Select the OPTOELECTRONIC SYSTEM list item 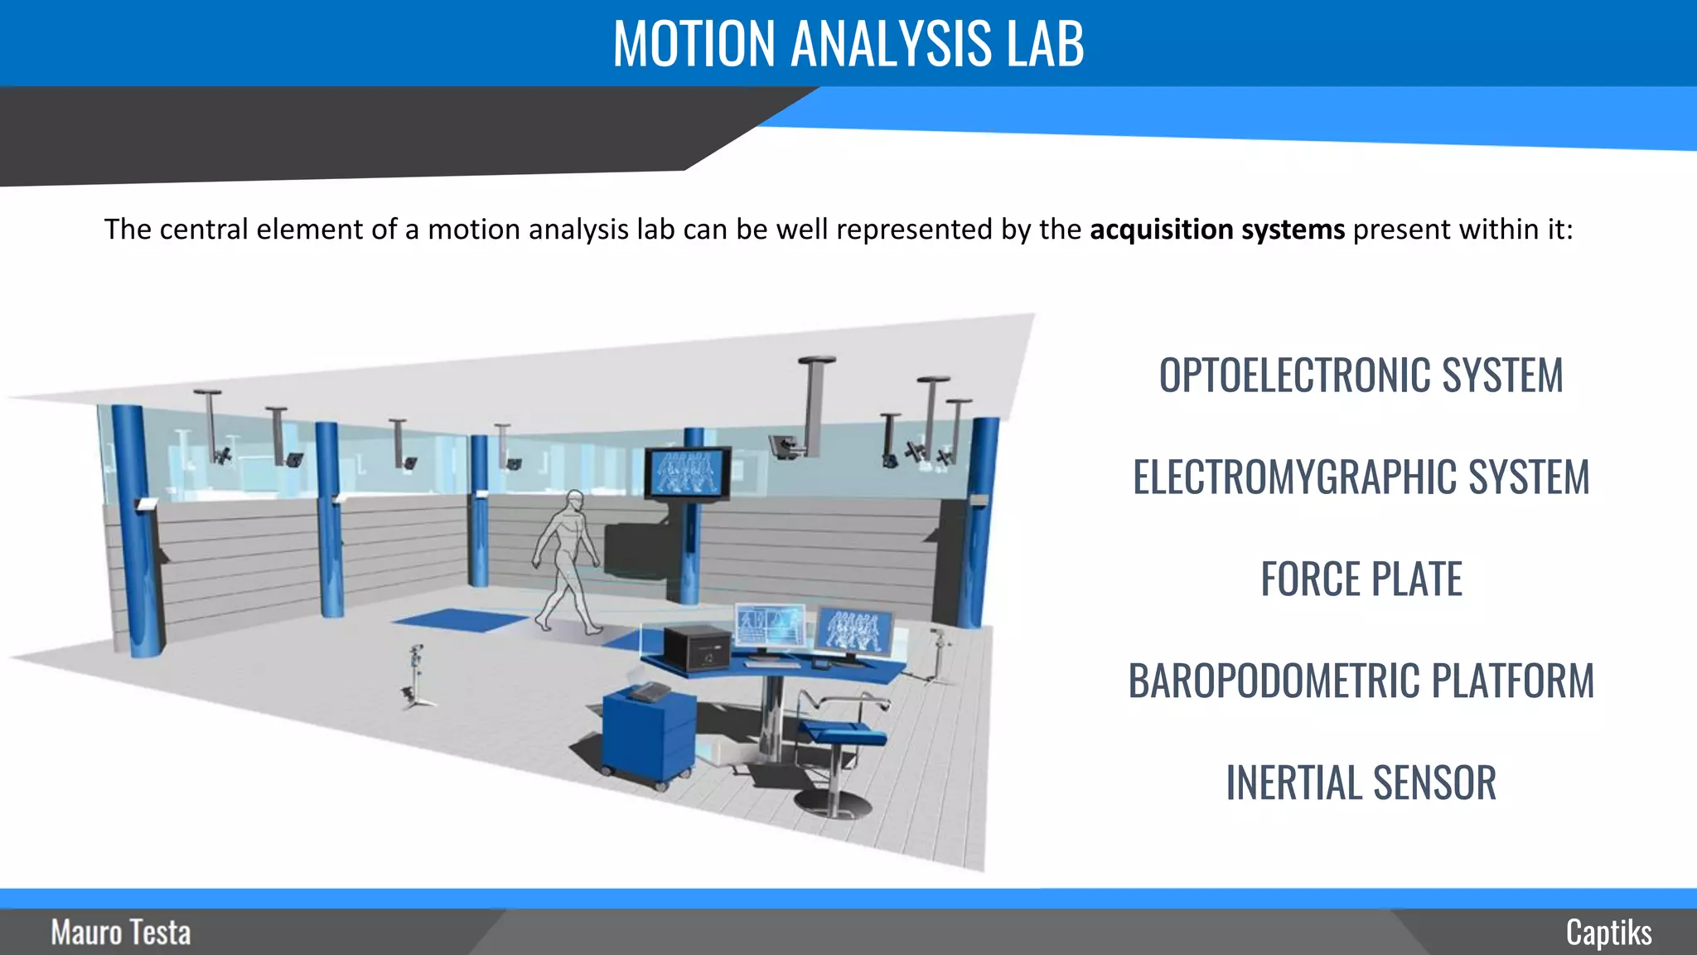pyautogui.click(x=1361, y=376)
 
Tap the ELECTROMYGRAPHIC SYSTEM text pyautogui.click(x=1361, y=477)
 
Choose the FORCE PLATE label pyautogui.click(x=1361, y=579)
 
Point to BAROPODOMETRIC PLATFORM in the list pyautogui.click(x=1361, y=681)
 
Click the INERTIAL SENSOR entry pyautogui.click(x=1361, y=783)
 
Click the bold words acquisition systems pyautogui.click(x=1216, y=230)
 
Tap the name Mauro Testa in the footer pyautogui.click(x=121, y=933)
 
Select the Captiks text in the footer pyautogui.click(x=1608, y=933)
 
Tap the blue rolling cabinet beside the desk pyautogui.click(x=648, y=738)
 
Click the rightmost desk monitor pyautogui.click(x=854, y=632)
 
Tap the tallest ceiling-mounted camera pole pyautogui.click(x=815, y=406)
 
